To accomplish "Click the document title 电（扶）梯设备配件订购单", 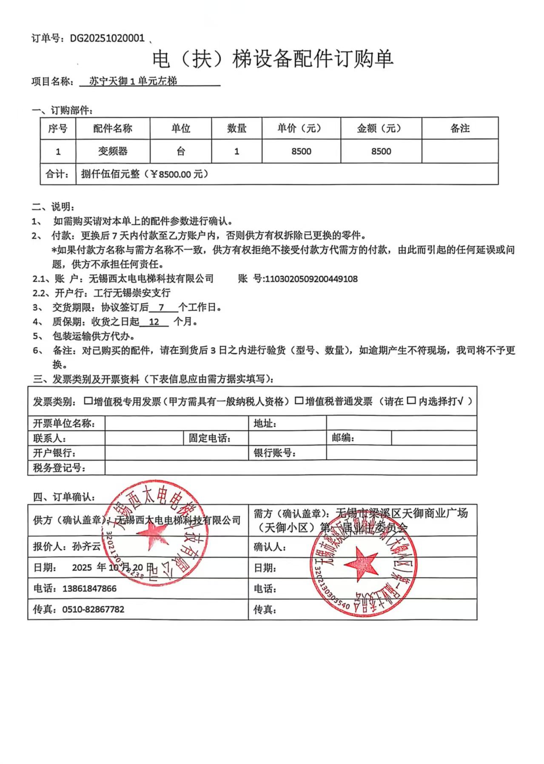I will (272, 59).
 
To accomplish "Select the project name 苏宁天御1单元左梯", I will (133, 81).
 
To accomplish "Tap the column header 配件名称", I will (113, 128).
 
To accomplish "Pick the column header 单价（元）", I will (301, 128).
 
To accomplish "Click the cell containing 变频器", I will (113, 151).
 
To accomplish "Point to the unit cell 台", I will (181, 151).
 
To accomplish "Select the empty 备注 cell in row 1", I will (460, 151).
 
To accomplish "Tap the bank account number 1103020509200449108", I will (311, 279).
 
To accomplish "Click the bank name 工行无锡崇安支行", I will (132, 293).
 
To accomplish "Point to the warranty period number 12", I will (154, 322).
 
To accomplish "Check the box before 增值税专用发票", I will (88, 400).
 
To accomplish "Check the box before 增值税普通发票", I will (299, 400).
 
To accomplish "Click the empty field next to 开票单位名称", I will (177, 423).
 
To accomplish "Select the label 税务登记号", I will (60, 468).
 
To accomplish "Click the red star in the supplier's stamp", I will (154, 534).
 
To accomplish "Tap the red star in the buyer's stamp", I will (361, 565).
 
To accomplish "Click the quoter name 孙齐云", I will (86, 546).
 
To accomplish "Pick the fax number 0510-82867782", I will (93, 609).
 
